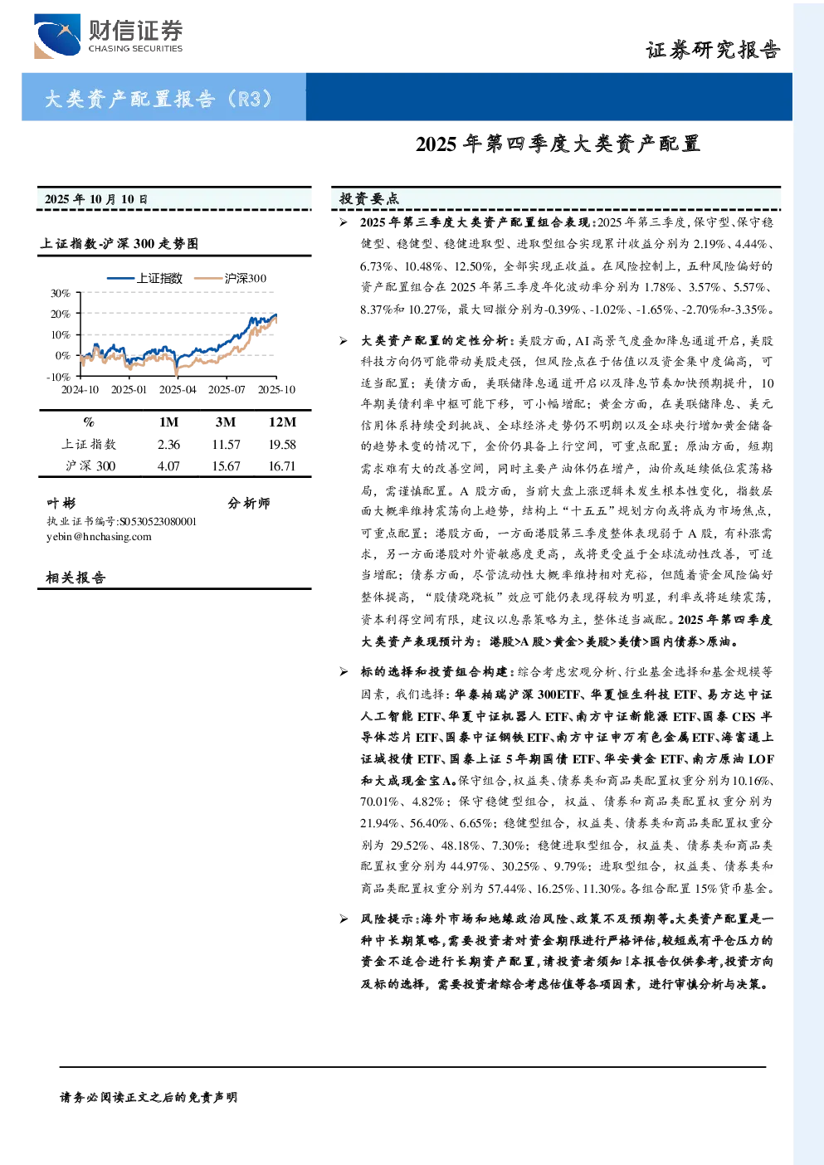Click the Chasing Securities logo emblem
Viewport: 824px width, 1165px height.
(57, 36)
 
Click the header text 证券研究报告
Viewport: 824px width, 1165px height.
(713, 50)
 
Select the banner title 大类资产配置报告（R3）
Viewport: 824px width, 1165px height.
(158, 98)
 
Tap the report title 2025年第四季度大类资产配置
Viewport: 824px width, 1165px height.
(558, 144)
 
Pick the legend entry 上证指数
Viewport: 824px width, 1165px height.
(145, 278)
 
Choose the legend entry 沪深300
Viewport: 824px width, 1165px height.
(231, 278)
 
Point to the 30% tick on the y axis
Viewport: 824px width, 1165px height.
(61, 293)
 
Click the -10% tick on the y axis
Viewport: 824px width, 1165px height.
(58, 377)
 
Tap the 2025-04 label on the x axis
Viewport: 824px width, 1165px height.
(178, 389)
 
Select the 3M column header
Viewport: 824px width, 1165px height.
(226, 422)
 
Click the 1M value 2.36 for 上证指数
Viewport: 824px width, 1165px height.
(168, 444)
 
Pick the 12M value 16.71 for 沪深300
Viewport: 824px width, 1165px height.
(282, 466)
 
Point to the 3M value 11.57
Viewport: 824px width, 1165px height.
(226, 444)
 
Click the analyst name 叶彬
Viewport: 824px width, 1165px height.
(61, 503)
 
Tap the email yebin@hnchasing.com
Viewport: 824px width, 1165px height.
(99, 537)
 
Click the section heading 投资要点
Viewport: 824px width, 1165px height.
(369, 198)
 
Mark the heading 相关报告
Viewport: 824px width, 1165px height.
(76, 578)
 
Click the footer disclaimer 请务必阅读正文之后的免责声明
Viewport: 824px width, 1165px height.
(149, 1097)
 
